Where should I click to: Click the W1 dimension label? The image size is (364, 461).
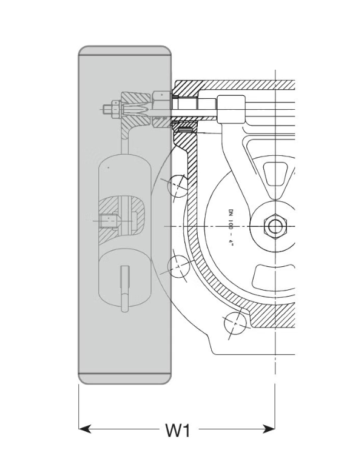pyautogui.click(x=178, y=430)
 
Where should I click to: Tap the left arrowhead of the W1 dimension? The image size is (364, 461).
pyautogui.click(x=86, y=429)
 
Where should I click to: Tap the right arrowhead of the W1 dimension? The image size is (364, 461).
pyautogui.click(x=269, y=429)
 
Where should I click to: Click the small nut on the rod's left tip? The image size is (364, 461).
pyautogui.click(x=109, y=110)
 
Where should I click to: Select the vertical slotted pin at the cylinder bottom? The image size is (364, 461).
pyautogui.click(x=124, y=289)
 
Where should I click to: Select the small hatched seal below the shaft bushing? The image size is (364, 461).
pyautogui.click(x=183, y=127)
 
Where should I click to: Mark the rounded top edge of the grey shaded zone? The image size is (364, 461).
pyautogui.click(x=124, y=49)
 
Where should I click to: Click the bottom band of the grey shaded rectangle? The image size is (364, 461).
pyautogui.click(x=124, y=377)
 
